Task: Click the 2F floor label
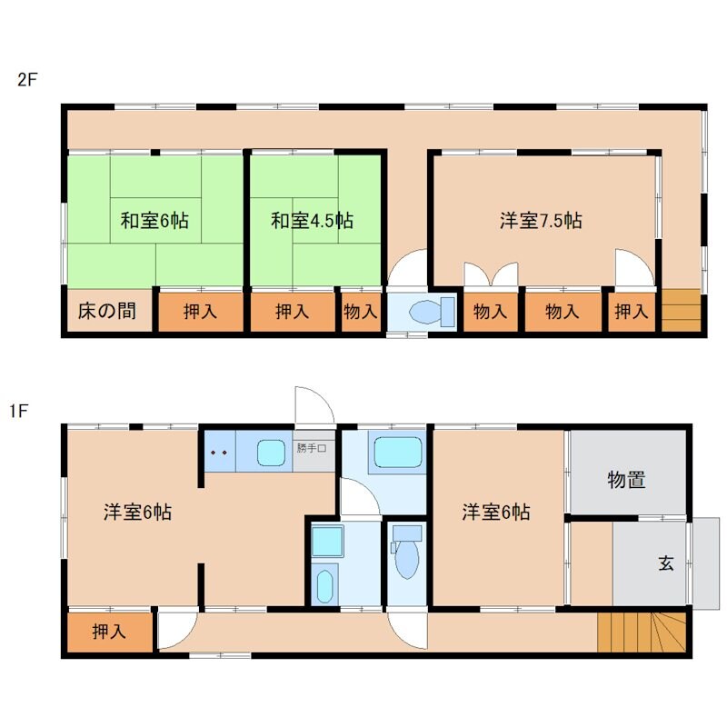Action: [x=27, y=78]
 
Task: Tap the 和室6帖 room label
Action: [x=154, y=220]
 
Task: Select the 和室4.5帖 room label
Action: [x=312, y=220]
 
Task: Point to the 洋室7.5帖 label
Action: [x=541, y=220]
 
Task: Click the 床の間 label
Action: [x=102, y=312]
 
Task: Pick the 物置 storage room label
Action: [x=626, y=480]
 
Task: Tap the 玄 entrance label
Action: [x=665, y=563]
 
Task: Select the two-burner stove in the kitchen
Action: [x=218, y=451]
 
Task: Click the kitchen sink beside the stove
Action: [x=269, y=451]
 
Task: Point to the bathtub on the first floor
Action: [x=397, y=450]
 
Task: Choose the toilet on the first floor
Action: [x=406, y=555]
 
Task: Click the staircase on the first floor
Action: [x=641, y=632]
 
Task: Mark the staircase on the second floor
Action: [x=681, y=311]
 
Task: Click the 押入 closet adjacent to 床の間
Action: [x=200, y=312]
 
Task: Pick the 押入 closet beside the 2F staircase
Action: [x=632, y=312]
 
